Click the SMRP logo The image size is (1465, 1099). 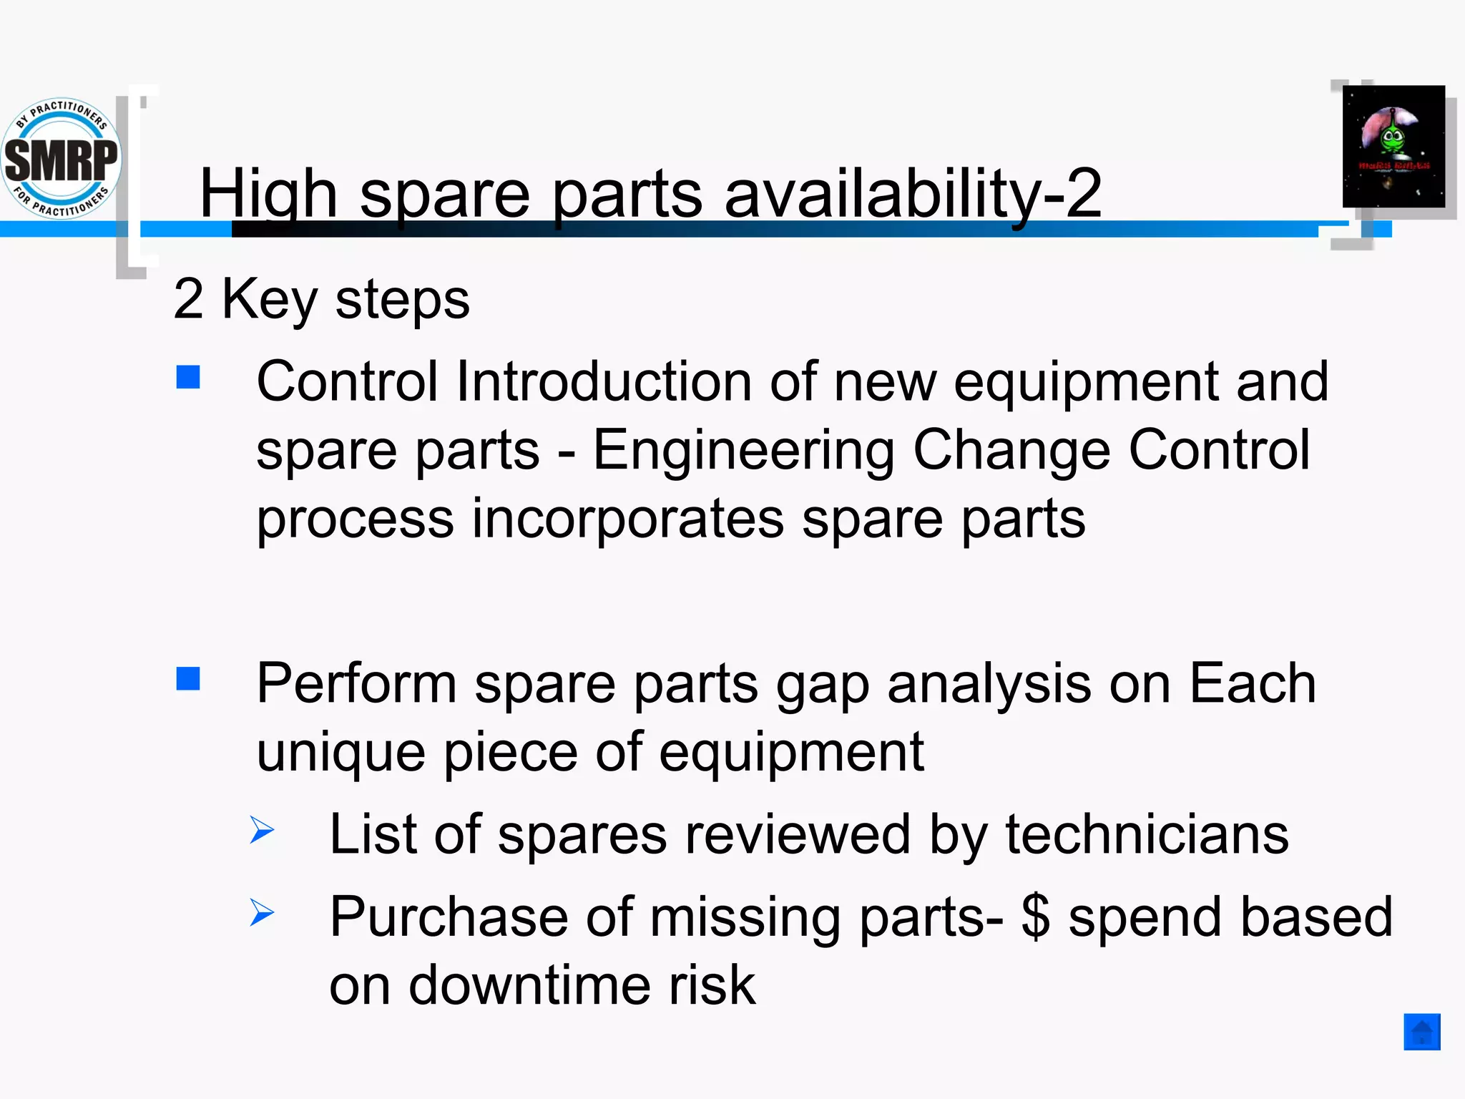[62, 157]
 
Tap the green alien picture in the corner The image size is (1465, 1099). [1393, 147]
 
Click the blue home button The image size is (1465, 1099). [1421, 1032]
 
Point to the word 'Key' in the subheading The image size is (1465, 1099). [270, 299]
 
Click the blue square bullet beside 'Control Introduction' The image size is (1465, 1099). [188, 377]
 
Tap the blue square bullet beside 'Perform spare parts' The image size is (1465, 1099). [188, 679]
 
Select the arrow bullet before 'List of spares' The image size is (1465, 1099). [263, 830]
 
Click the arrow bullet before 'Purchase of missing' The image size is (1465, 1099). [263, 912]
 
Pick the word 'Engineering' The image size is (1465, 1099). [744, 451]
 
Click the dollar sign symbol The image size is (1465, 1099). [1035, 917]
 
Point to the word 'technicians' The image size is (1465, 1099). [1147, 834]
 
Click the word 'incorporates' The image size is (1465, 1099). [627, 519]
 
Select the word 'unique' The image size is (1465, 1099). [340, 753]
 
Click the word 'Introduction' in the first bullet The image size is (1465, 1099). [603, 381]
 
